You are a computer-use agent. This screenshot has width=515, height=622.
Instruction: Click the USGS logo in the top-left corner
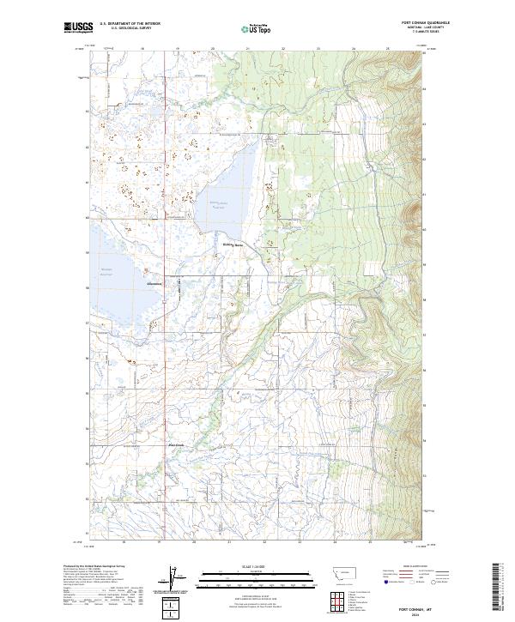(x=78, y=27)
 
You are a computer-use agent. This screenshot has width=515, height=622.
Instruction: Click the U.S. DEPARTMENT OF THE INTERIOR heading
(x=130, y=24)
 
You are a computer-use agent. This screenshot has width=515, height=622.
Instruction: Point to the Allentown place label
(x=155, y=284)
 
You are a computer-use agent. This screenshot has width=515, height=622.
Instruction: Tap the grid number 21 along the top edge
(x=247, y=49)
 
